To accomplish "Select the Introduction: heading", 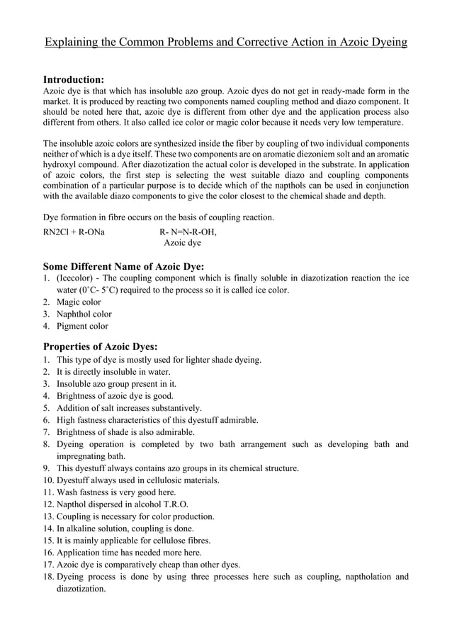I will coord(74,79).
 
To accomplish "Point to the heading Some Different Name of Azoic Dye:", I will coord(124,266).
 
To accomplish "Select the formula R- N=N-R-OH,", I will coord(188,231).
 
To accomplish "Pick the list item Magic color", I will coord(79,302).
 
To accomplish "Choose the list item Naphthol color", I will coord(84,314).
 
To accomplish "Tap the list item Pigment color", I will coord(82,326).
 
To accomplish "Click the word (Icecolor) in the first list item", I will coord(74,278).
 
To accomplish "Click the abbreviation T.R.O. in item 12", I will coord(173,504).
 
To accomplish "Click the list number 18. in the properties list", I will coord(49,577).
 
